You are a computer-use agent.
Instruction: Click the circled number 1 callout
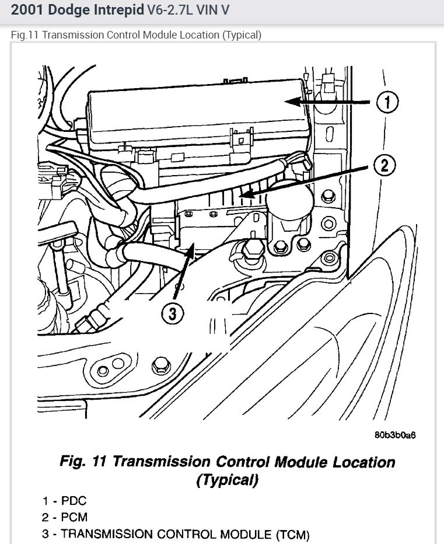387,103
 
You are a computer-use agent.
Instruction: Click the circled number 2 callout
384,165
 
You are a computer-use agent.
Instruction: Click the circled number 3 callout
172,314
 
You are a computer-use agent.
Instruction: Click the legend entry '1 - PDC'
64,501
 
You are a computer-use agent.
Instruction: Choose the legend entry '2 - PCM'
65,517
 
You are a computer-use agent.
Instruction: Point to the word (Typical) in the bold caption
227,480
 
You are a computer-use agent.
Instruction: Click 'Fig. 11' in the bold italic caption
83,462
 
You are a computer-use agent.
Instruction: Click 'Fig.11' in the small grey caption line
25,35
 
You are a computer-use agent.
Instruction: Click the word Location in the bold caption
363,462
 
